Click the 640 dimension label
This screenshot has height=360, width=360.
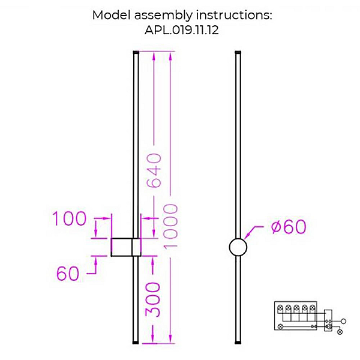[x=154, y=170]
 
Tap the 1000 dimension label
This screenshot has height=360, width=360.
[x=170, y=226]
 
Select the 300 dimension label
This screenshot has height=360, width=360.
[x=152, y=300]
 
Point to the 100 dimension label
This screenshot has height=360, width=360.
[x=70, y=218]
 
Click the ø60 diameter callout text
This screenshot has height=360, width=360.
[x=289, y=227]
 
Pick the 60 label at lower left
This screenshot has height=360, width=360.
[x=68, y=273]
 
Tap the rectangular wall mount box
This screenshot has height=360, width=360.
[x=126, y=247]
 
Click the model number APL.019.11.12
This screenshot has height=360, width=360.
[x=182, y=30]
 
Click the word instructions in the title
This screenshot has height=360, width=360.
[x=234, y=15]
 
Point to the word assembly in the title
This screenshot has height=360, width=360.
[x=163, y=16]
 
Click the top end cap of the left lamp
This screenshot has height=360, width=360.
[x=136, y=52]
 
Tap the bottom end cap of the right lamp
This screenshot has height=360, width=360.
[x=238, y=343]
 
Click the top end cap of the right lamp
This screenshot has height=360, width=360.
[x=238, y=52]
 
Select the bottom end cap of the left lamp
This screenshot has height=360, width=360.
[x=136, y=343]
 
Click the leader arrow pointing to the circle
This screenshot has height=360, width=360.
[x=253, y=232]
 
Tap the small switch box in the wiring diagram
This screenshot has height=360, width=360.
[x=328, y=320]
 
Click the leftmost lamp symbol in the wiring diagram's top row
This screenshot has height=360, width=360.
[x=280, y=307]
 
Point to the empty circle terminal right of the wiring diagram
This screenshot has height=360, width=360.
[x=343, y=321]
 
